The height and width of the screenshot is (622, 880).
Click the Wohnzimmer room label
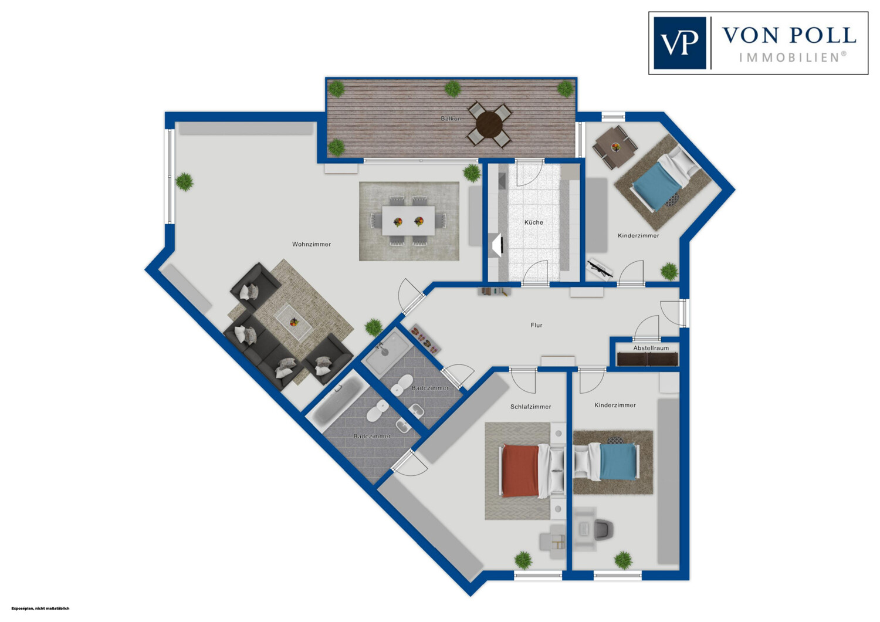click(312, 244)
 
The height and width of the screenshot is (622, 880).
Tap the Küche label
click(533, 222)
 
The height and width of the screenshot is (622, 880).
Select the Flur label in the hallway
click(536, 325)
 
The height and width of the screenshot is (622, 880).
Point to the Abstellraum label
click(651, 348)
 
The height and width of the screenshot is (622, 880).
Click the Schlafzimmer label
click(530, 407)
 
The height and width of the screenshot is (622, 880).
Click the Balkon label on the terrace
click(451, 119)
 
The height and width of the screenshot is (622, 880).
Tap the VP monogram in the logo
click(679, 43)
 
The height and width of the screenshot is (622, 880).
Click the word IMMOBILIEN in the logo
click(793, 58)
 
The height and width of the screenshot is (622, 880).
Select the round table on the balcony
click(489, 124)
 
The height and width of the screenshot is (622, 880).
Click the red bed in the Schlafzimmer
click(520, 471)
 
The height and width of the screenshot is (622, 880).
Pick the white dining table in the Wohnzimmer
click(408, 221)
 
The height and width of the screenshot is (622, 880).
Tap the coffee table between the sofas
click(293, 322)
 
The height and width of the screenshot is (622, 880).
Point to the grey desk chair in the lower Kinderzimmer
click(603, 529)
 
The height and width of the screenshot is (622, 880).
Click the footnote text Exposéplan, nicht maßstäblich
click(40, 609)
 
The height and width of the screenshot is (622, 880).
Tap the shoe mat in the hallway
click(425, 339)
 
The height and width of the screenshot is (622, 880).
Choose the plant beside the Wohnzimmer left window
click(185, 182)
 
